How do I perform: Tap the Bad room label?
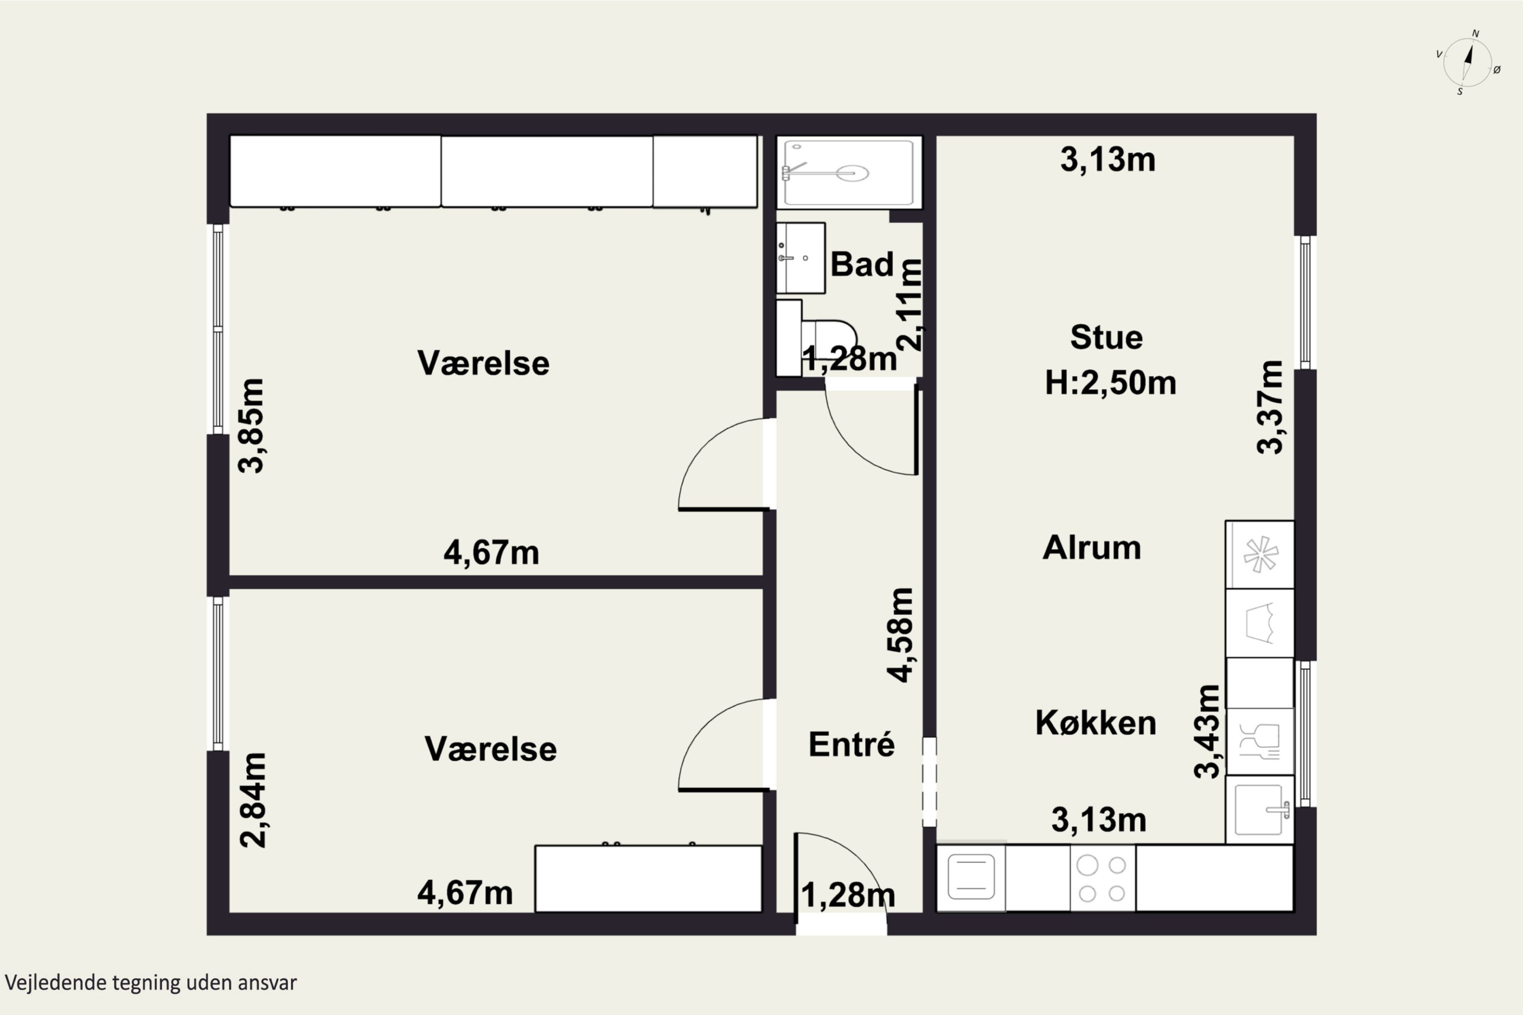click(862, 264)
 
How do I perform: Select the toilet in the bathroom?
click(816, 337)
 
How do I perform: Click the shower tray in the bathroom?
click(849, 172)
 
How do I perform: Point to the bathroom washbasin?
click(801, 258)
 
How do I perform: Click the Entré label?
click(851, 744)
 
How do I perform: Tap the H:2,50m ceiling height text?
click(1111, 383)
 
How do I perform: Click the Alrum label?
click(1092, 548)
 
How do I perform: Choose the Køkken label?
click(1096, 722)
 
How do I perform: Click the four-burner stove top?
click(1102, 878)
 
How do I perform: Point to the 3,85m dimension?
click(252, 426)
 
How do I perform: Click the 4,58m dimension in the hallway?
click(900, 635)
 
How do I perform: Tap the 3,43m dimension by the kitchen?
click(1207, 731)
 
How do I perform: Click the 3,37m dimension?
click(1270, 407)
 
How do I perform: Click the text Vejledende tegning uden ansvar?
click(151, 983)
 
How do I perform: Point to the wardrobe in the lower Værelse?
click(648, 878)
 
